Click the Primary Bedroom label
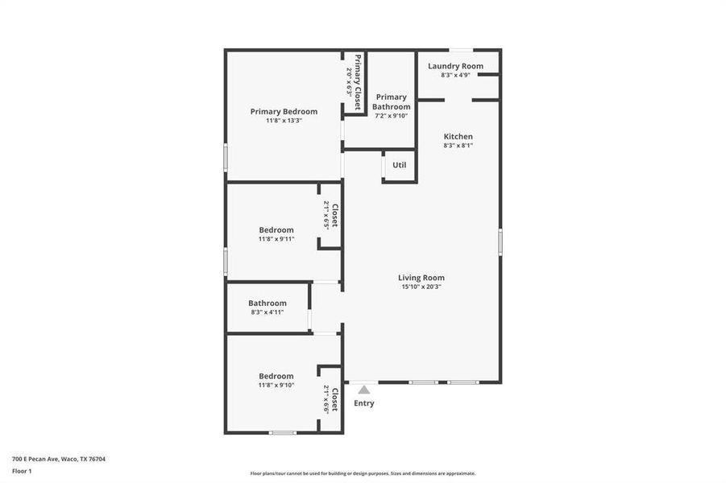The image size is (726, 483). (x=284, y=112)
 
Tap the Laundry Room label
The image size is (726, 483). (x=455, y=66)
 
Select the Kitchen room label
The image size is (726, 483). (x=458, y=136)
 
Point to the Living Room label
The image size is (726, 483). (x=421, y=278)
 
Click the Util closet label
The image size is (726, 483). (x=399, y=165)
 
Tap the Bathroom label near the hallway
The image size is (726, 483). (x=267, y=303)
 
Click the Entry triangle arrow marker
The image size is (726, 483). (x=364, y=390)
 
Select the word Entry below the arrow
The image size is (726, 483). (x=364, y=403)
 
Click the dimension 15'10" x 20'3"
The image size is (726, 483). (x=421, y=287)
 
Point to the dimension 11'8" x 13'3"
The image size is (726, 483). (x=284, y=121)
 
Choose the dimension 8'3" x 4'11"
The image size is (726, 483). (x=267, y=312)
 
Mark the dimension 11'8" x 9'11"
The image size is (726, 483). (x=276, y=239)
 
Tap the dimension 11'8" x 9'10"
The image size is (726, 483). (x=276, y=385)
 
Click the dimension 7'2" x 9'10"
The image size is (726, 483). (x=392, y=116)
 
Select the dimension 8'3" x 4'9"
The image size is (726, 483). (x=455, y=75)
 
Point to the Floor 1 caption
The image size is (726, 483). (x=22, y=470)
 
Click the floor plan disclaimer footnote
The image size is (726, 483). (x=363, y=473)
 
